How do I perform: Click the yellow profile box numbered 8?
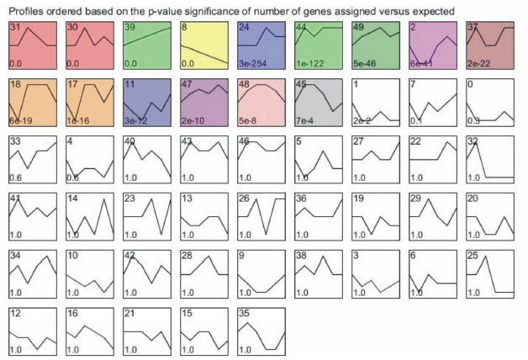[203, 45]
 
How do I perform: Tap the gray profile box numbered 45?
[317, 103]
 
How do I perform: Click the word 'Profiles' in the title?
[25, 9]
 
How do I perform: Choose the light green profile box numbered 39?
[145, 45]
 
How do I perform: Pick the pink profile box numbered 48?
[260, 103]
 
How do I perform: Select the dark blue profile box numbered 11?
[145, 103]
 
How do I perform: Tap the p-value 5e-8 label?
[249, 121]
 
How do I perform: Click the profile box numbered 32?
[488, 160]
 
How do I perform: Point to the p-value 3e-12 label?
[135, 121]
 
